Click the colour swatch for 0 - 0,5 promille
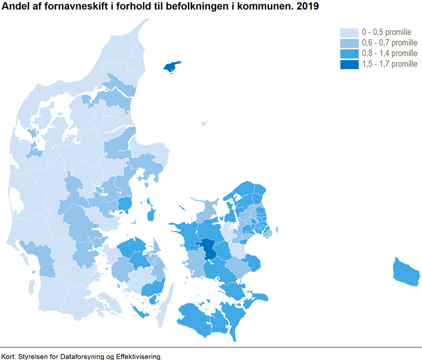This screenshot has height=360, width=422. pyautogui.click(x=349, y=33)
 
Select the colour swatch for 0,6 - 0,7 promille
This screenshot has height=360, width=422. pyautogui.click(x=349, y=43)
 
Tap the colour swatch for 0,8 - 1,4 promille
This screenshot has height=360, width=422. pyautogui.click(x=349, y=54)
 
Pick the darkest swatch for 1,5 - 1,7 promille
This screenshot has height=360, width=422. pyautogui.click(x=349, y=64)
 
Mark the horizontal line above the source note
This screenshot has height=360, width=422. pyautogui.click(x=211, y=347)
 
